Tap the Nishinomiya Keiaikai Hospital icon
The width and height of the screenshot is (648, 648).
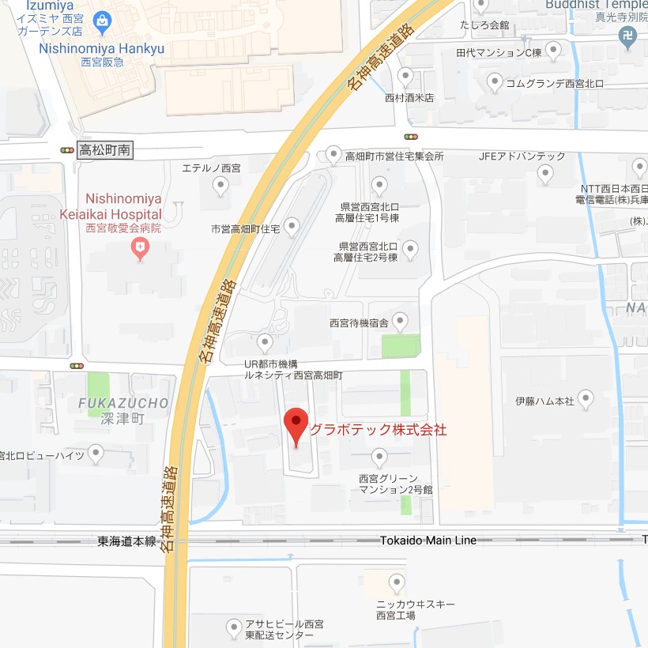[x=141, y=251]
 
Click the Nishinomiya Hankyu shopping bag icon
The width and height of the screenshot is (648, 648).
[x=101, y=24]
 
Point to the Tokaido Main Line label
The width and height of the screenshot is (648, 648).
[x=428, y=541]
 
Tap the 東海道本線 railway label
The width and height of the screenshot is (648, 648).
[x=126, y=541]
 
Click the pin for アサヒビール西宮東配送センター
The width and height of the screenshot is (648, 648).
[x=234, y=628]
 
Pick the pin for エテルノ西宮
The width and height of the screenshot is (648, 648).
[x=221, y=186]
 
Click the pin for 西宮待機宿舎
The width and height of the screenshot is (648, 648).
[x=401, y=321]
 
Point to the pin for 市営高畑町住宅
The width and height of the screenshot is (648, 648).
[x=292, y=228]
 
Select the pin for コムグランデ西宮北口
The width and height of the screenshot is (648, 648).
[x=495, y=81]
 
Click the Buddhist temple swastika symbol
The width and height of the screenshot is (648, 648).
[x=627, y=36]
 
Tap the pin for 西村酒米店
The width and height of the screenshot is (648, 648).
[x=406, y=77]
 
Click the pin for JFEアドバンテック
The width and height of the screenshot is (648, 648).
[x=545, y=173]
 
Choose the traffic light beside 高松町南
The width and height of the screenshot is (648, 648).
[x=67, y=150]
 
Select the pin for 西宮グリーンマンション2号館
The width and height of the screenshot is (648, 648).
[x=379, y=457]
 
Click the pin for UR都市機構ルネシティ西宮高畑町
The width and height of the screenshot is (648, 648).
[x=266, y=343]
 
